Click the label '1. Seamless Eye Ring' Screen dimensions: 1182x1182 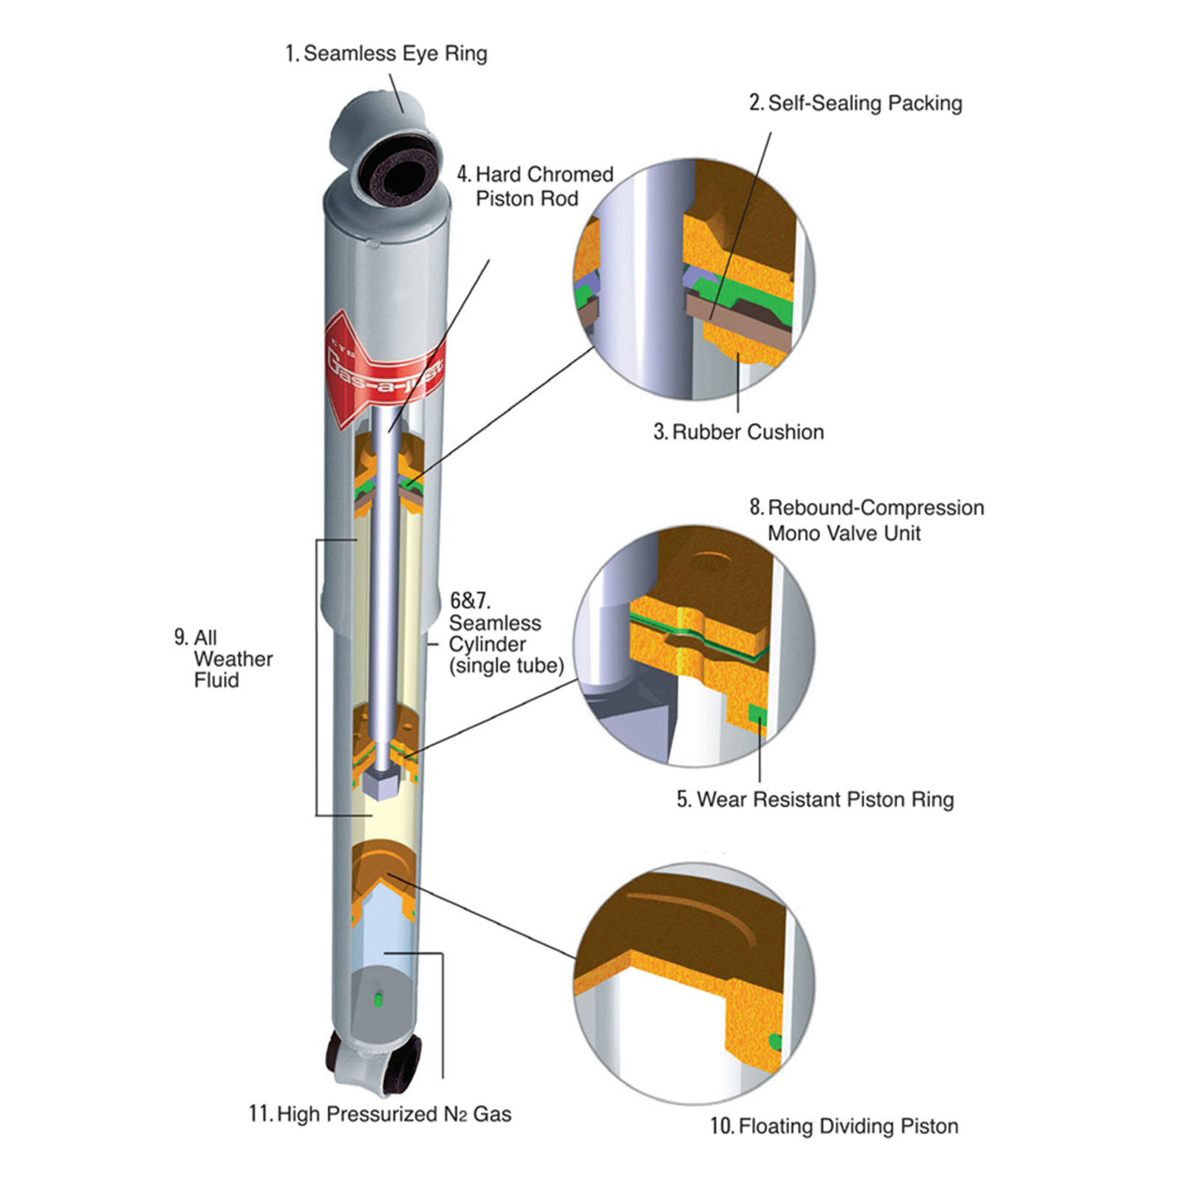click(386, 53)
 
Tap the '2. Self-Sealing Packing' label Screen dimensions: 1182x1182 click(855, 103)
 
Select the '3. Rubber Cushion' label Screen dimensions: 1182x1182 click(738, 431)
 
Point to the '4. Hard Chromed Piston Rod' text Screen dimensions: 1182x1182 click(536, 186)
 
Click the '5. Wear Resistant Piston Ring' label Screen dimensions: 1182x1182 click(815, 799)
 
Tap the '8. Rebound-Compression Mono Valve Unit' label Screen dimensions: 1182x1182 click(867, 520)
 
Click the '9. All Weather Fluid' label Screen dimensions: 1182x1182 click(224, 659)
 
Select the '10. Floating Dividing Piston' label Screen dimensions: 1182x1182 click(834, 1126)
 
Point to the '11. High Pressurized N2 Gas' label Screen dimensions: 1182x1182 click(380, 1114)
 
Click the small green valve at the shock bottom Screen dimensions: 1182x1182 click(379, 1000)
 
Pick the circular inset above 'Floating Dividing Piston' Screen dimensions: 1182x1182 click(694, 983)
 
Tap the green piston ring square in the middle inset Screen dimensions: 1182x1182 click(757, 715)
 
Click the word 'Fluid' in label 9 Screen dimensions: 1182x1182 click(216, 680)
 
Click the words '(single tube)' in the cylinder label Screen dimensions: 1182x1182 click(506, 666)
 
